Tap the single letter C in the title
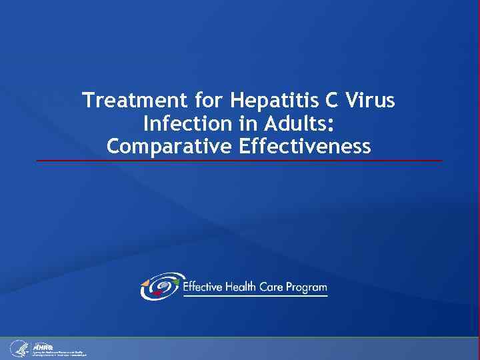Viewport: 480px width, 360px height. [333, 101]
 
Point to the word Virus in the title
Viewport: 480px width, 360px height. [371, 101]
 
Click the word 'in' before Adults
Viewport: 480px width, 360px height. [240, 123]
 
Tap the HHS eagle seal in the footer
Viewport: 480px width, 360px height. [18, 348]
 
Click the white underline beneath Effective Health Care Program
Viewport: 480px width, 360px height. [255, 296]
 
